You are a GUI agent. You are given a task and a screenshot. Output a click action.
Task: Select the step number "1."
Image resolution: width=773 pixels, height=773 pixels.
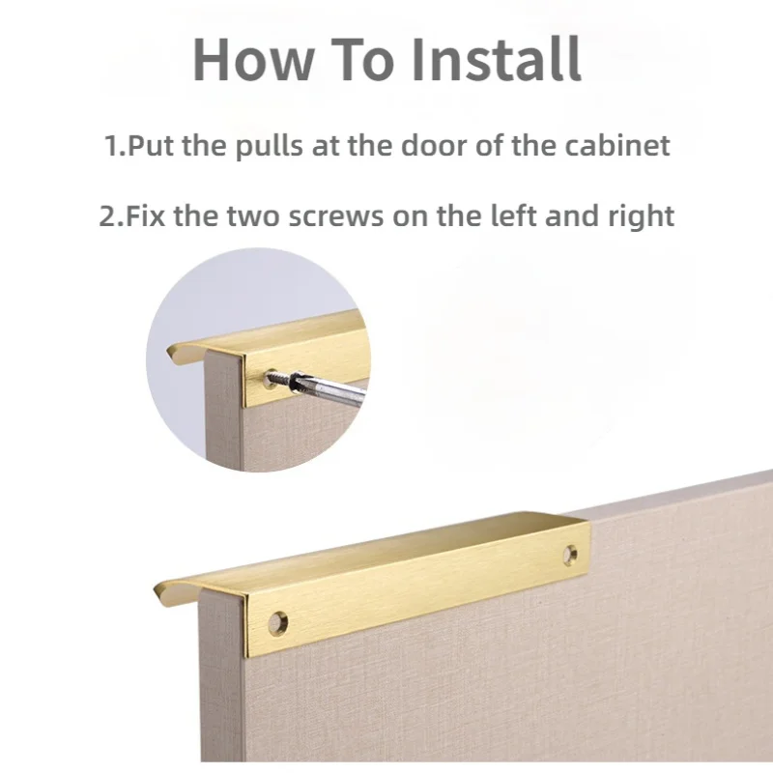[115, 147]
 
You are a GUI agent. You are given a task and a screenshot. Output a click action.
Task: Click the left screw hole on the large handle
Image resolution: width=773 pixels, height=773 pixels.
[278, 622]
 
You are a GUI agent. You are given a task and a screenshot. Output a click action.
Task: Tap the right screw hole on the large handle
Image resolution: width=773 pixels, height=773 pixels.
[570, 555]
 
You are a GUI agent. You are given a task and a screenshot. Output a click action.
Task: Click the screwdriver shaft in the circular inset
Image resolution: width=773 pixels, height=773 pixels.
[333, 392]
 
